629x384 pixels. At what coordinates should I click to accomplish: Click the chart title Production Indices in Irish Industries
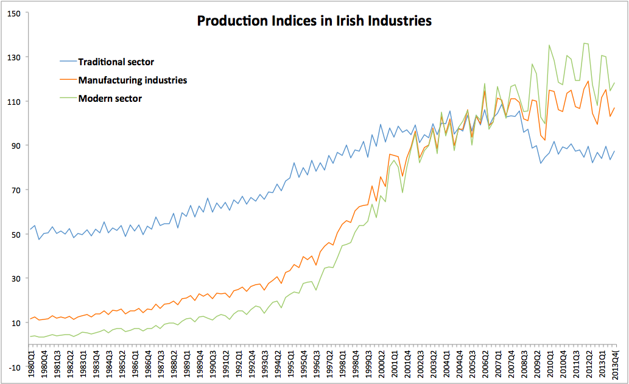pos(314,21)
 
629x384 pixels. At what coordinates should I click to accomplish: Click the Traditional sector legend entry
pos(116,62)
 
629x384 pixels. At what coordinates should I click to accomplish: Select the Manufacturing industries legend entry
pos(133,80)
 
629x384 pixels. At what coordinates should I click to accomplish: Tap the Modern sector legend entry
pos(110,98)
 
